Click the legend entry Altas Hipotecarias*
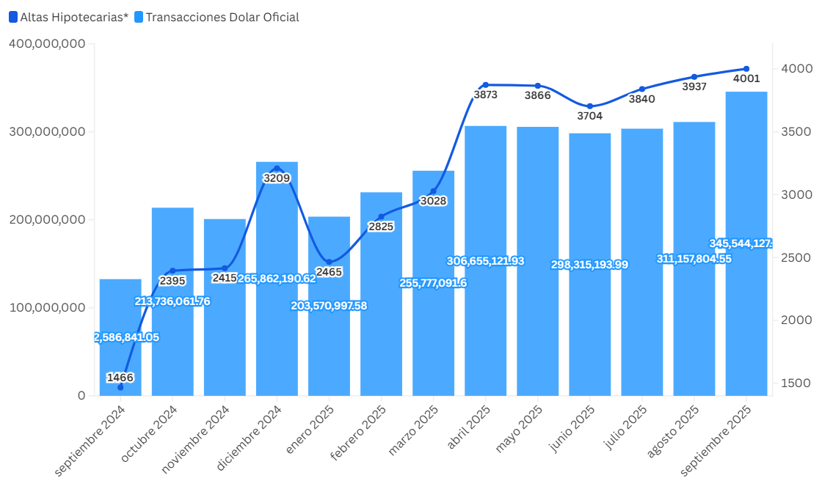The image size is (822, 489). (x=68, y=17)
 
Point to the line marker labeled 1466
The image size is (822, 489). (x=120, y=387)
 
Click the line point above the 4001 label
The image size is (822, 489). (x=746, y=69)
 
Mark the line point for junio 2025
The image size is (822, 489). (x=590, y=106)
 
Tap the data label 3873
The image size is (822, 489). (x=486, y=95)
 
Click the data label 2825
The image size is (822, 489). (x=381, y=227)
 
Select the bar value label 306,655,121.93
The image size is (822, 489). (x=486, y=261)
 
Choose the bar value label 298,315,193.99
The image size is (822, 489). (x=590, y=265)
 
